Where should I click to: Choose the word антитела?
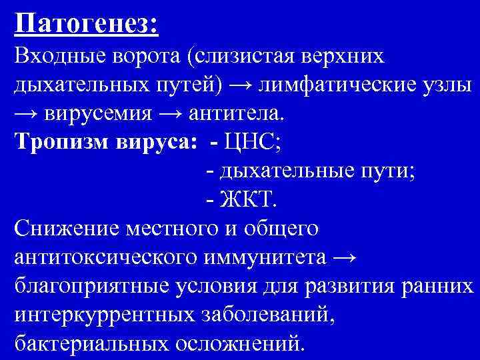pos(236,114)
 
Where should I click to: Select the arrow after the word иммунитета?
pos(347,257)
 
